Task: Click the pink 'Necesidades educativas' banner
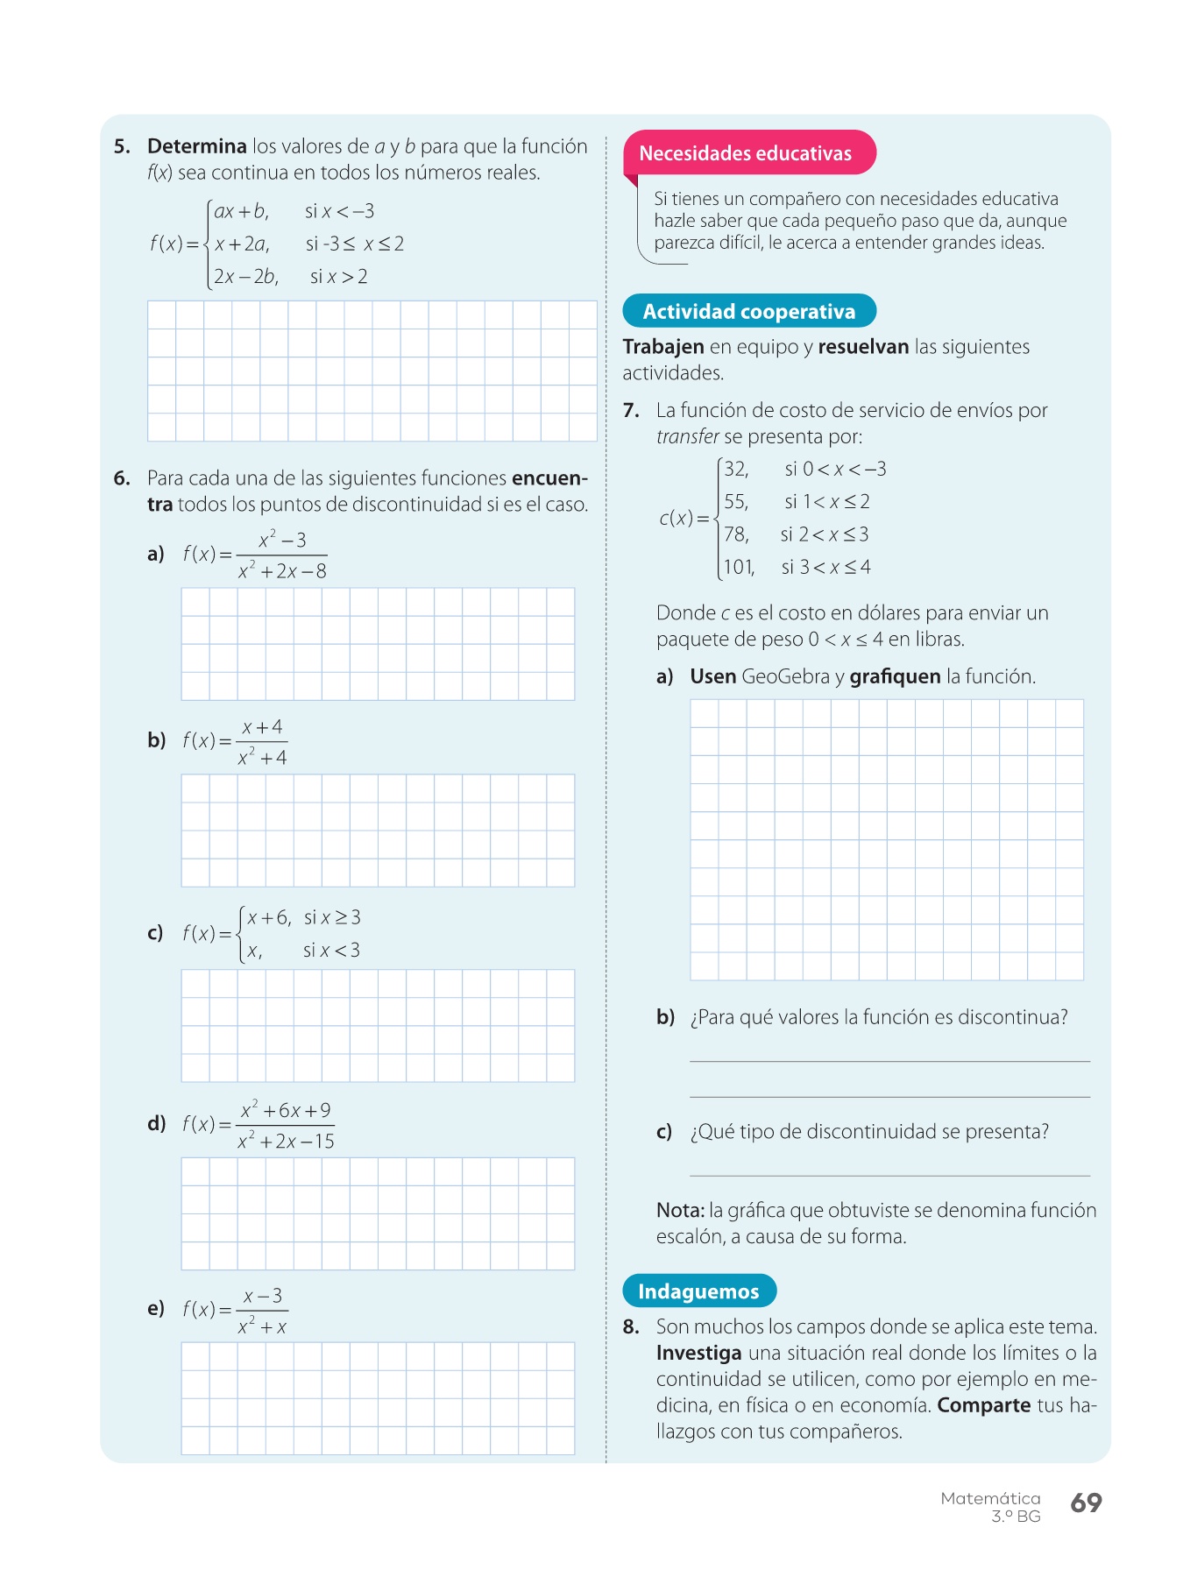point(746,153)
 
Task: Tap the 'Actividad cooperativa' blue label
point(748,312)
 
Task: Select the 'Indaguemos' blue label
point(698,1291)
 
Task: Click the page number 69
point(1086,1503)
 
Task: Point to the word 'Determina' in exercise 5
point(197,146)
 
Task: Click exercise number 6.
point(121,478)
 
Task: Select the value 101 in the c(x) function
point(738,568)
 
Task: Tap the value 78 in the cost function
point(736,534)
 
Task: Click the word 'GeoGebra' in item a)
point(785,676)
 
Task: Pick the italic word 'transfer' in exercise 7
point(687,436)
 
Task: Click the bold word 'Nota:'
point(680,1211)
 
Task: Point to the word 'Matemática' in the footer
point(990,1498)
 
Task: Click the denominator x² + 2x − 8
point(282,572)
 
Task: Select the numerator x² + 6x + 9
point(286,1110)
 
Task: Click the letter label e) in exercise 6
point(156,1309)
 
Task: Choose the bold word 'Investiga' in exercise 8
point(698,1353)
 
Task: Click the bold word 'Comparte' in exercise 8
point(983,1405)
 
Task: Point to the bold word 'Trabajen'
point(663,347)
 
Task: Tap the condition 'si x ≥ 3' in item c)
point(332,918)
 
